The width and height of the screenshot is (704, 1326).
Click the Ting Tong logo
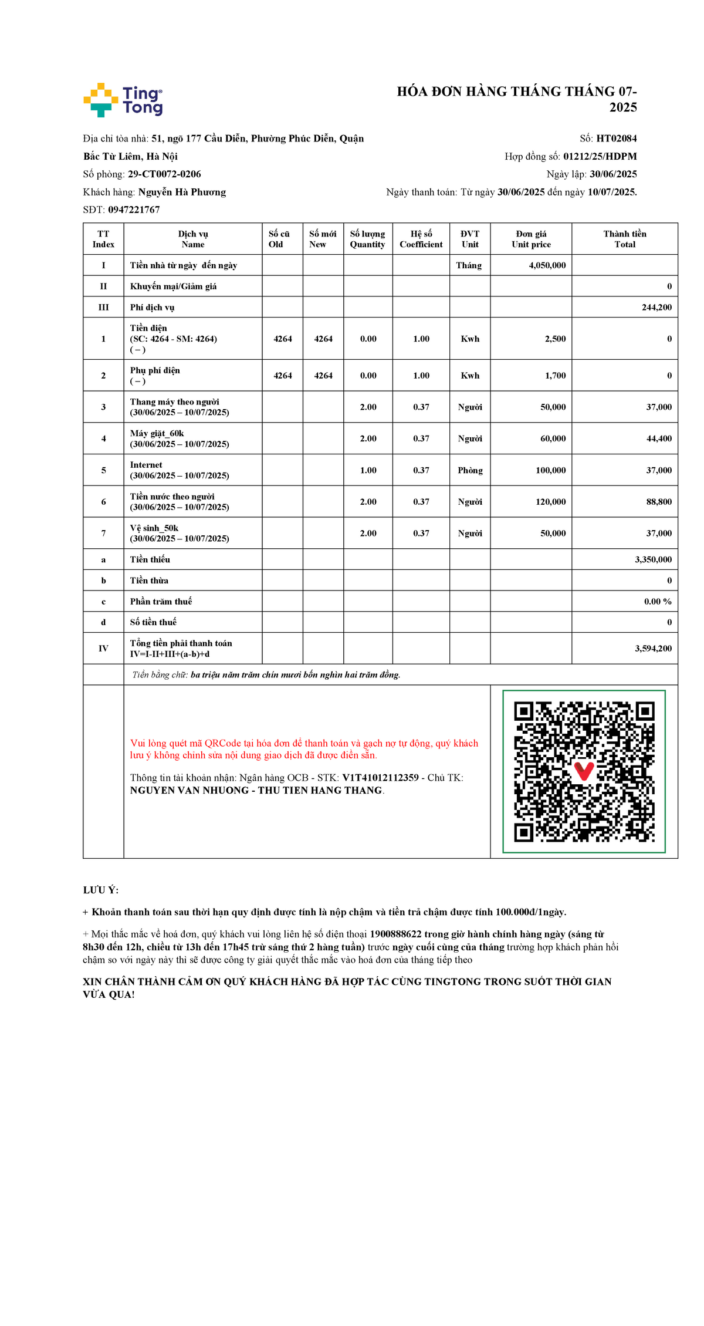coord(123,100)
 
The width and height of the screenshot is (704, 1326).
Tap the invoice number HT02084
coord(616,139)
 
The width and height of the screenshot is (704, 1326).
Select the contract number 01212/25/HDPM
coord(600,156)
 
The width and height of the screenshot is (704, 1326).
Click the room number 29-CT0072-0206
coord(164,174)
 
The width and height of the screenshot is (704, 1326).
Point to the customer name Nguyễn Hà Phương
coord(182,192)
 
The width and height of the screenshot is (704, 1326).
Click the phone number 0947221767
coord(134,210)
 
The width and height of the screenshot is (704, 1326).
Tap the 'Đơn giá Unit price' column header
coord(531,239)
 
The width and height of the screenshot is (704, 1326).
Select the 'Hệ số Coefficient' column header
coord(421,239)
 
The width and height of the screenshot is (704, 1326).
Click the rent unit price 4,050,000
coord(547,265)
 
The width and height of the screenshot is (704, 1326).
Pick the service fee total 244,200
coord(656,307)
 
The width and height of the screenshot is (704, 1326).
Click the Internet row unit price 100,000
coord(550,470)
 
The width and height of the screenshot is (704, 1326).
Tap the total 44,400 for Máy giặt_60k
coord(659,438)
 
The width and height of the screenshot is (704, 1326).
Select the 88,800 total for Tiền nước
coord(659,502)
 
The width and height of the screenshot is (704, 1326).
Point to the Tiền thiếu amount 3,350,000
coord(653,559)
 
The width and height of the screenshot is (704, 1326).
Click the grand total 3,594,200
coord(653,649)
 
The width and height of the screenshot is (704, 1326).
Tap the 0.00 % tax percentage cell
coord(658,601)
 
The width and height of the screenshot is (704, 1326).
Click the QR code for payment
coord(584,771)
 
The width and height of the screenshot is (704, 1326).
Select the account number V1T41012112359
coord(380,778)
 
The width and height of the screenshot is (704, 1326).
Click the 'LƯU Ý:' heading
coord(100,890)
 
